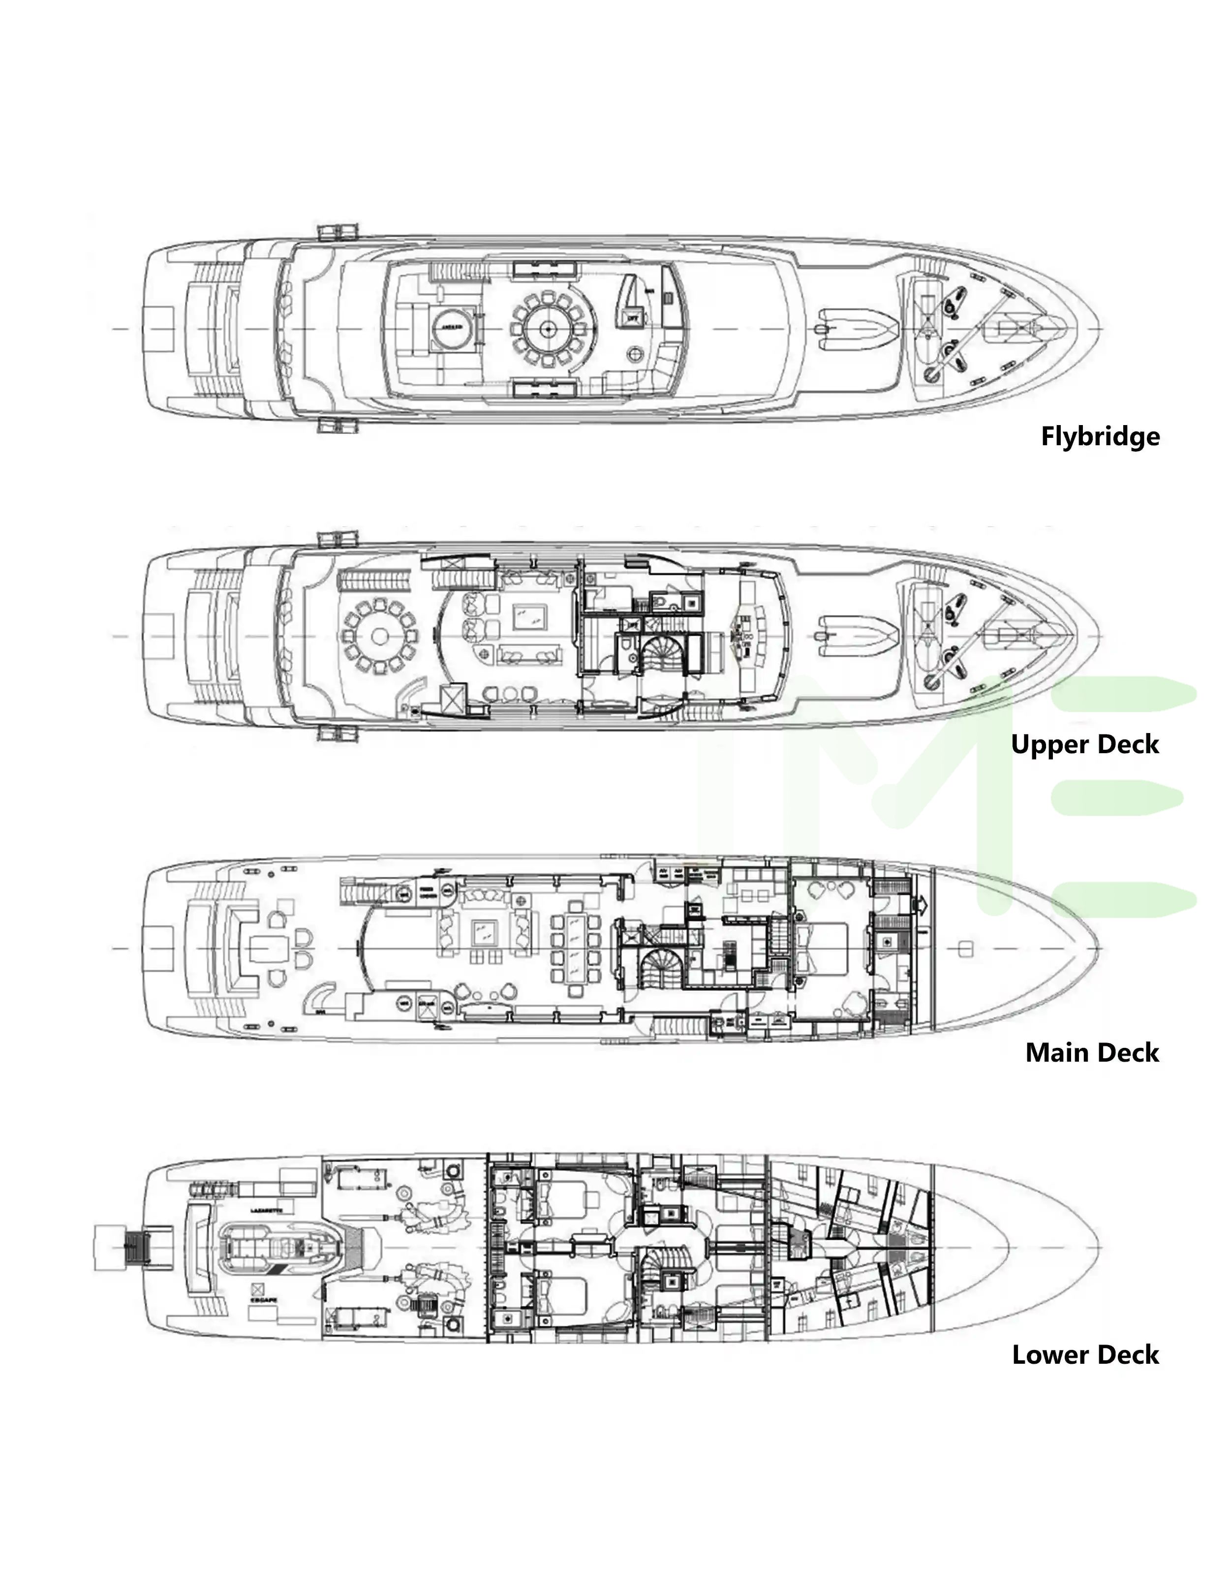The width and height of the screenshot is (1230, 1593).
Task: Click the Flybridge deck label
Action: tap(1100, 436)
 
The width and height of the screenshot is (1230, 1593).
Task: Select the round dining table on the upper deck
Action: tap(379, 636)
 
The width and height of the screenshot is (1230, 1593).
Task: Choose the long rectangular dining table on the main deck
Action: tap(576, 948)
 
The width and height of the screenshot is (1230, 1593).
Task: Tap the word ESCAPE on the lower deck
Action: tap(263, 1300)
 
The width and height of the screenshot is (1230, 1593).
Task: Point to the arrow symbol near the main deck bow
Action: tap(922, 905)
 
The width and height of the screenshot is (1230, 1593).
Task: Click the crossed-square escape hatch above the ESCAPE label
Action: tap(257, 1287)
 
